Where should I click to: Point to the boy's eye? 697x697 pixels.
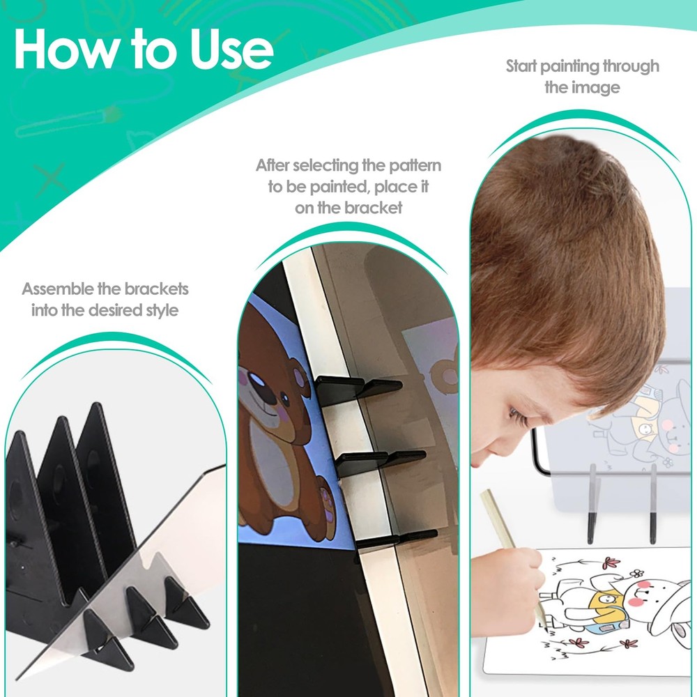[516, 417]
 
